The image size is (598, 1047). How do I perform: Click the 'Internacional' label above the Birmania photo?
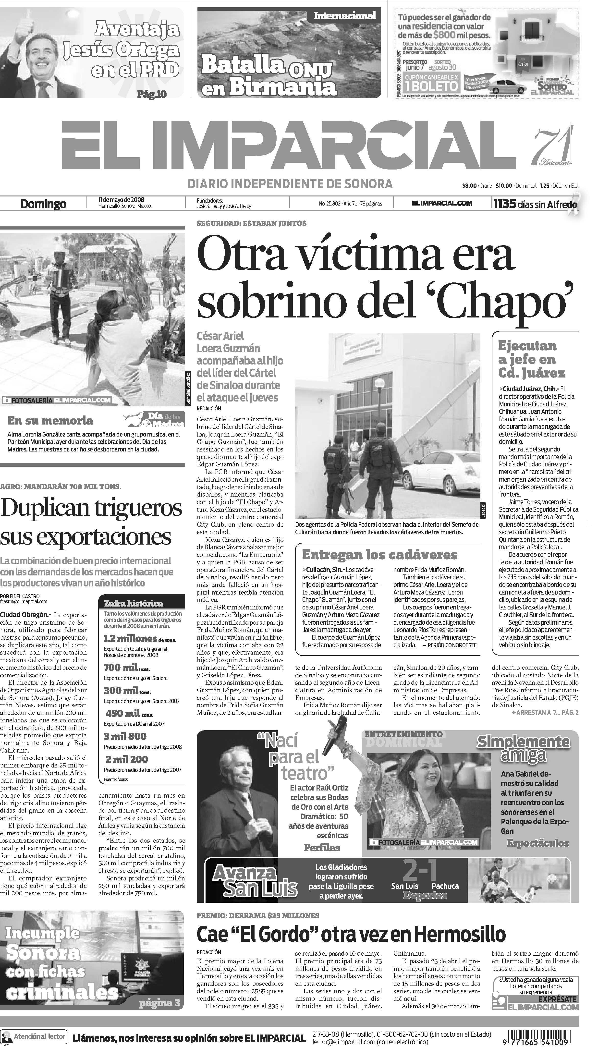click(x=345, y=16)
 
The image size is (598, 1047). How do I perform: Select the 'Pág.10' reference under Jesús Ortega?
click(x=152, y=94)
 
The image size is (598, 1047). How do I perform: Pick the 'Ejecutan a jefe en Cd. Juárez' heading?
click(x=532, y=360)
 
